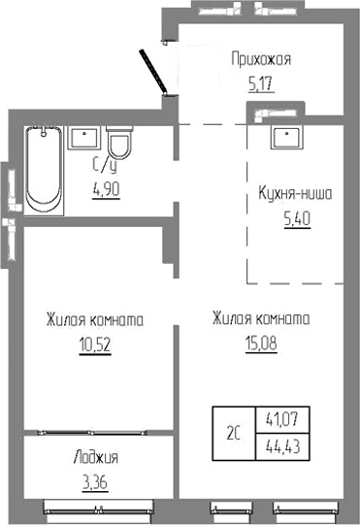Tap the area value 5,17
click(260, 83)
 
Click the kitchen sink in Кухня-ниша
click(285, 136)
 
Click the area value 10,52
click(94, 344)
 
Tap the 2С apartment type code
click(235, 434)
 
